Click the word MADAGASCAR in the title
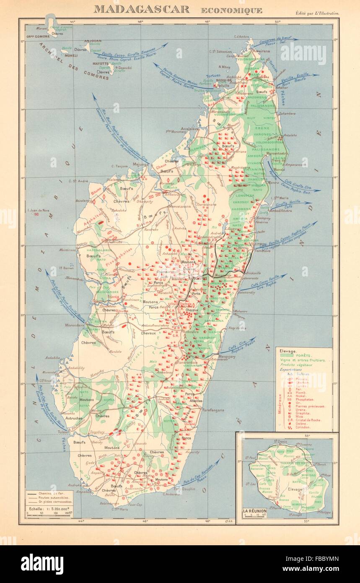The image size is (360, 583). point(141,9)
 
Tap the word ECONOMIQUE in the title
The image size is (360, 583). point(231,10)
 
